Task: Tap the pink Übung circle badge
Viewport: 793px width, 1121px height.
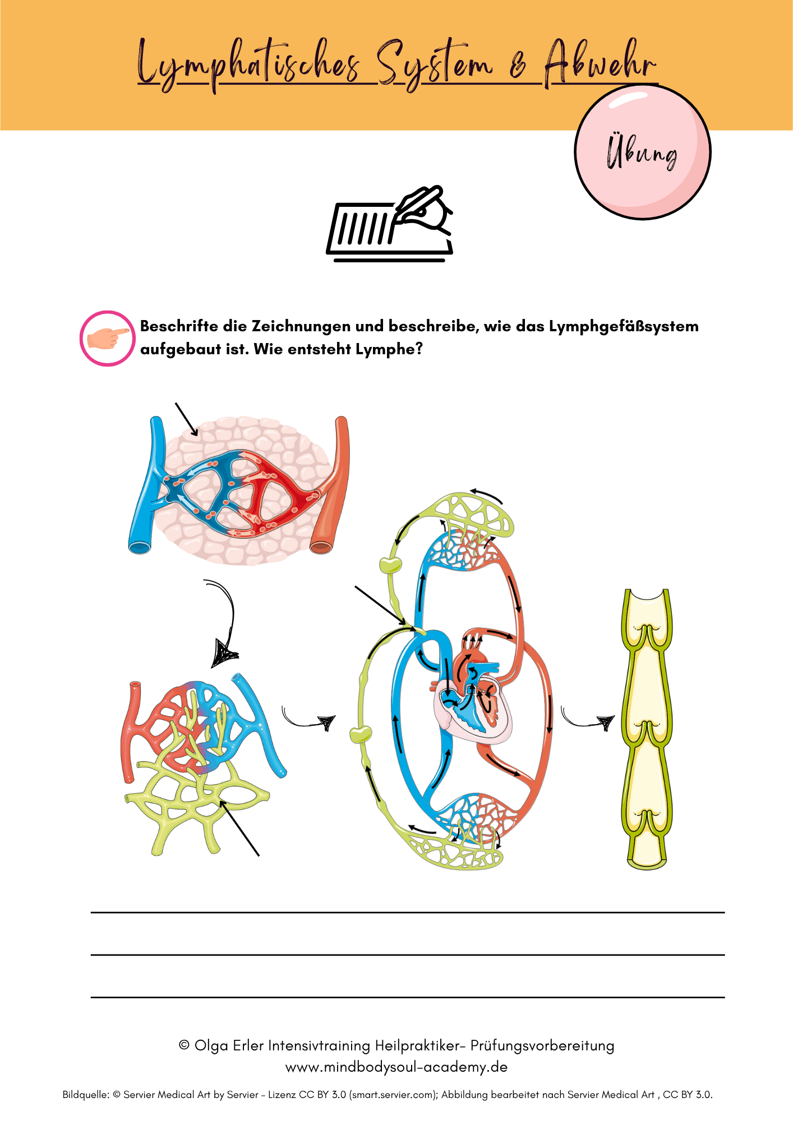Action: [643, 152]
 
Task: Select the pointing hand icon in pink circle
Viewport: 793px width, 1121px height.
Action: [108, 339]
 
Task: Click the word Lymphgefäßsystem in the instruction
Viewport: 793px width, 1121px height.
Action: [624, 326]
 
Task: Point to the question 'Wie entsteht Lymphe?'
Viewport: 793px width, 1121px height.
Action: [338, 349]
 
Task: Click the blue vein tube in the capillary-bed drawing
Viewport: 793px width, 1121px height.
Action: [147, 488]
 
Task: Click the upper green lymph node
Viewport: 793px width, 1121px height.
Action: [390, 564]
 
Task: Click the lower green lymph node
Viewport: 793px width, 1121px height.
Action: [361, 733]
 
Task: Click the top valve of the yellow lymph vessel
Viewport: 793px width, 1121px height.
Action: [647, 633]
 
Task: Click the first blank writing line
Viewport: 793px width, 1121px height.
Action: [407, 912]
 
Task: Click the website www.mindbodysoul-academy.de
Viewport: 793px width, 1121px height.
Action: [396, 1067]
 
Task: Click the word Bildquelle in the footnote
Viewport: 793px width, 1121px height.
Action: [85, 1095]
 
